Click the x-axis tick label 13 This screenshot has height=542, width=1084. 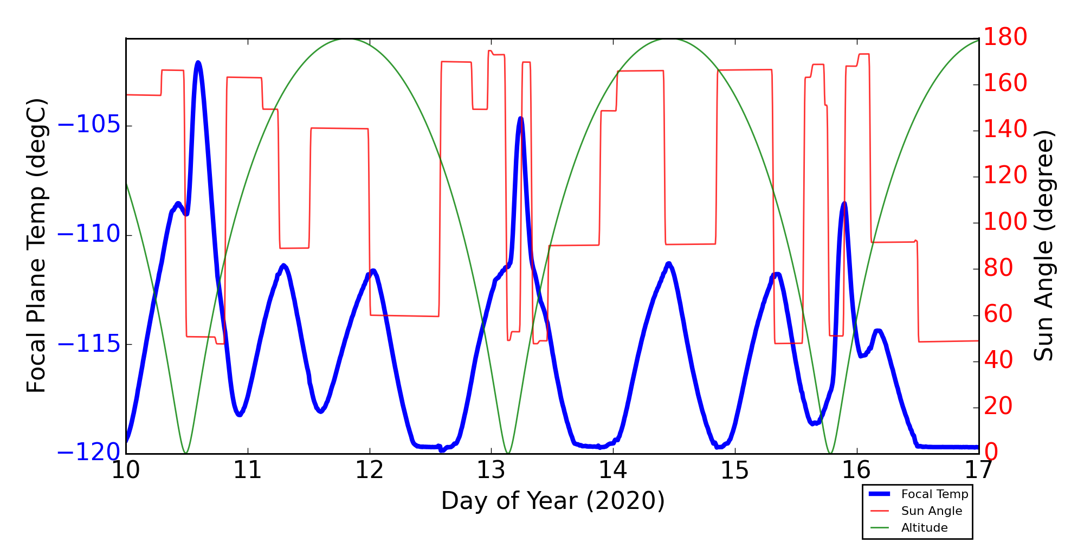(491, 470)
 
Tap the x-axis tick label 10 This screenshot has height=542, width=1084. (126, 470)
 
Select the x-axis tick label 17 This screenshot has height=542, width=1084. (978, 470)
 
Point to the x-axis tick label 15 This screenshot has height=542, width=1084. (734, 470)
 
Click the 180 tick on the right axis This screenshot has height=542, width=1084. (1005, 38)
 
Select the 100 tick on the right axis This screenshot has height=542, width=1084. (1005, 222)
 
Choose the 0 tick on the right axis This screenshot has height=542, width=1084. (991, 453)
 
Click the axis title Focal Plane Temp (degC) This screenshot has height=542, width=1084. (36, 246)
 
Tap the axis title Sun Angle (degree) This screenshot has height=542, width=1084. (1043, 246)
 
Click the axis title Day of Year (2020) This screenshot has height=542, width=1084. (552, 501)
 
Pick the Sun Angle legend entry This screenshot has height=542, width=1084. (931, 511)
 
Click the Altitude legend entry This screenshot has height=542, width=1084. (924, 528)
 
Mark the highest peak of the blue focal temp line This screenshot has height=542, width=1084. (198, 62)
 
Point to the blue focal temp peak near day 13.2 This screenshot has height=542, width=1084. (521, 118)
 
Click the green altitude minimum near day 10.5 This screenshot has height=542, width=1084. (186, 453)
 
